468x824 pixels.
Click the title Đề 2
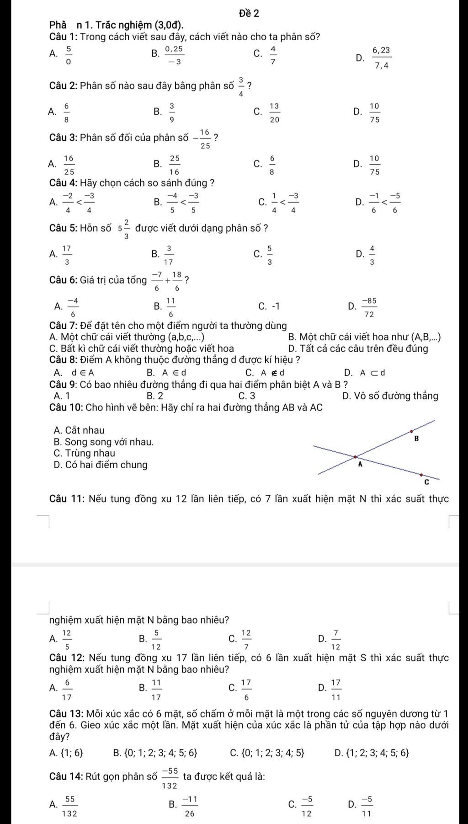(x=249, y=14)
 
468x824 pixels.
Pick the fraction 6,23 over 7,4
(x=382, y=58)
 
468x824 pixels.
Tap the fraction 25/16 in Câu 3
(x=174, y=165)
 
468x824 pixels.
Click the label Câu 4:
(x=64, y=183)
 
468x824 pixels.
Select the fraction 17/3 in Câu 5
(x=67, y=255)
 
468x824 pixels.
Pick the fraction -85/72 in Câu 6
(x=369, y=307)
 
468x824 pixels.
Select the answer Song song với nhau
(x=109, y=442)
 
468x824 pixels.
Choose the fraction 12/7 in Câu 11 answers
(x=246, y=640)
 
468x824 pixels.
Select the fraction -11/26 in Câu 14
(x=190, y=808)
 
